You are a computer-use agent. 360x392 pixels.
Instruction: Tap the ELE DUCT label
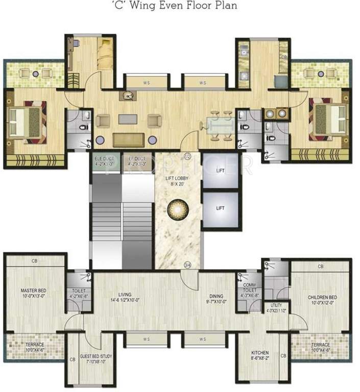point(105,161)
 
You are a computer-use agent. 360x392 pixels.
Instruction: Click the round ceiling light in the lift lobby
point(178,209)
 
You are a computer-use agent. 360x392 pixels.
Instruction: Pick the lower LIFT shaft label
point(220,208)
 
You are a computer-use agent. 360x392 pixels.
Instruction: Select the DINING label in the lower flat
point(214,297)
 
